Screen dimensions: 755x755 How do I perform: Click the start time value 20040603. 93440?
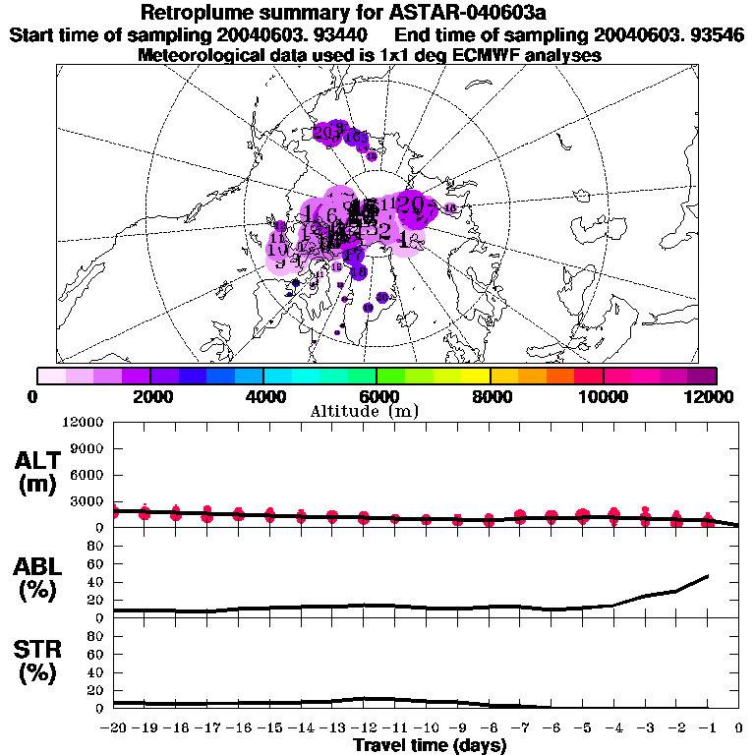click(296, 35)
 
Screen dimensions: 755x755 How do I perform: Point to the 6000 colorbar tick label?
click(377, 396)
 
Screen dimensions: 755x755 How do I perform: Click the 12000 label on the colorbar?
click(715, 396)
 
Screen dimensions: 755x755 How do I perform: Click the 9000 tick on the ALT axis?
click(87, 448)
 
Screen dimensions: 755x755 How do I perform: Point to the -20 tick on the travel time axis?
click(114, 728)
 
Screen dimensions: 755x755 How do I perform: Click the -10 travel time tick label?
click(426, 728)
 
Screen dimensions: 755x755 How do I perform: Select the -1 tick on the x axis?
click(708, 728)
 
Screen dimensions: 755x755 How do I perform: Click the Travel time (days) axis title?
click(430, 745)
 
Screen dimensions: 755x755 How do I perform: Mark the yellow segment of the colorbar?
click(476, 376)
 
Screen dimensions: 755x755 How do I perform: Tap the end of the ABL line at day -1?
click(708, 576)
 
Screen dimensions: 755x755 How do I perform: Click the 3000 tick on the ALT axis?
click(87, 501)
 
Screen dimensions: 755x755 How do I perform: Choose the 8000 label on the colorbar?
click(490, 396)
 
